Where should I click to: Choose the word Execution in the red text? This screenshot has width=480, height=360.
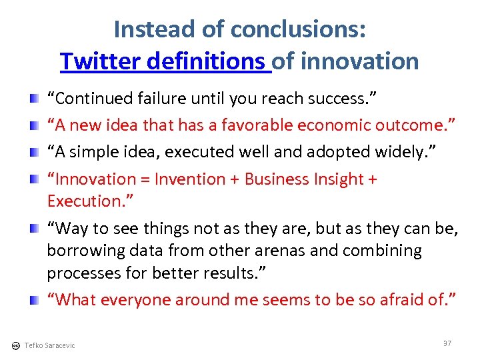pos(83,201)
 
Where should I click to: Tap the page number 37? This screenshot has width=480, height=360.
pos(447,343)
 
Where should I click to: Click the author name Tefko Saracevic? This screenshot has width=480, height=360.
pos(49,345)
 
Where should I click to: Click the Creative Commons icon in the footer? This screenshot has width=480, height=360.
pos(15,345)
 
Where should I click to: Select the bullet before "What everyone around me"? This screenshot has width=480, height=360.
pos(34,301)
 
